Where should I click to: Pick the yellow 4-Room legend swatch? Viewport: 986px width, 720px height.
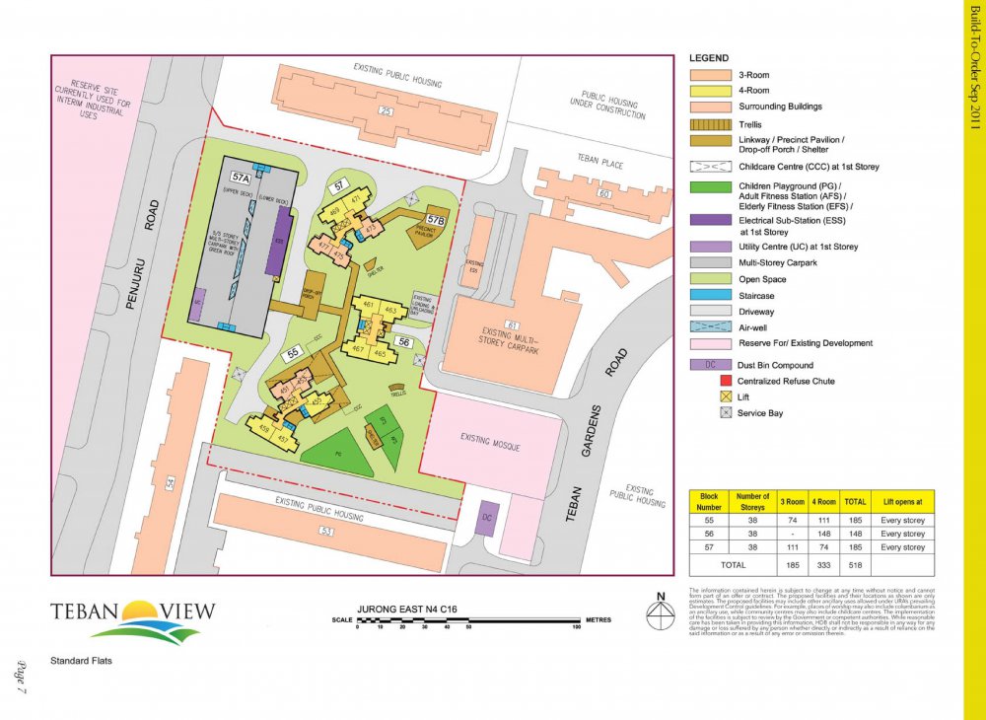[x=710, y=91]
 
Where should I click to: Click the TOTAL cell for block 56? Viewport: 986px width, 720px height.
[x=855, y=533]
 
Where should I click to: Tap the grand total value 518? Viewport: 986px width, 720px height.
[x=855, y=564]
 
